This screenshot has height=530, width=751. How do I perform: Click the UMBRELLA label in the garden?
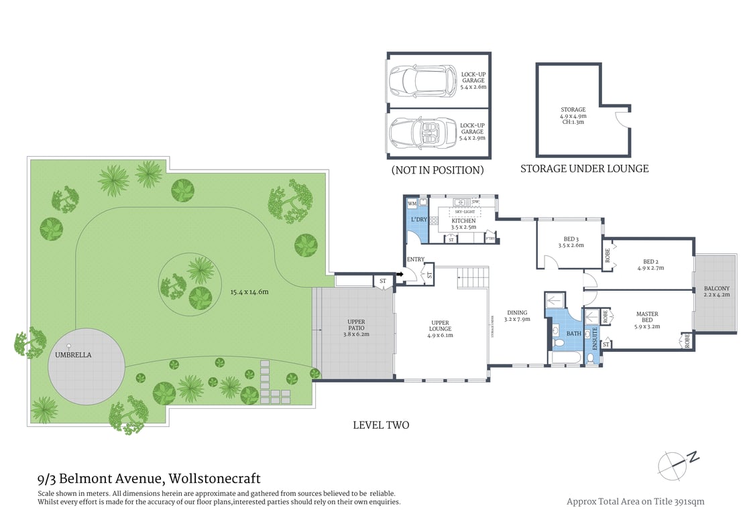(74, 354)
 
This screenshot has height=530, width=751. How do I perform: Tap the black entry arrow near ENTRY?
(399, 273)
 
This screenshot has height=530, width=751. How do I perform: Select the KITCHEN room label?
(463, 220)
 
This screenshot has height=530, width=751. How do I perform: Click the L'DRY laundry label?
(418, 220)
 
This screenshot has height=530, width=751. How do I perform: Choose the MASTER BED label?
(647, 318)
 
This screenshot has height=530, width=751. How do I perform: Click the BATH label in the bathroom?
(574, 333)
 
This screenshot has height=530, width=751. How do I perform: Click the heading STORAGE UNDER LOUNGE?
(584, 169)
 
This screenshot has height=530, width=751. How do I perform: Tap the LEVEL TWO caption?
(381, 425)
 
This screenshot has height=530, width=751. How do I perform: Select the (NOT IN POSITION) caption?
(437, 170)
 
